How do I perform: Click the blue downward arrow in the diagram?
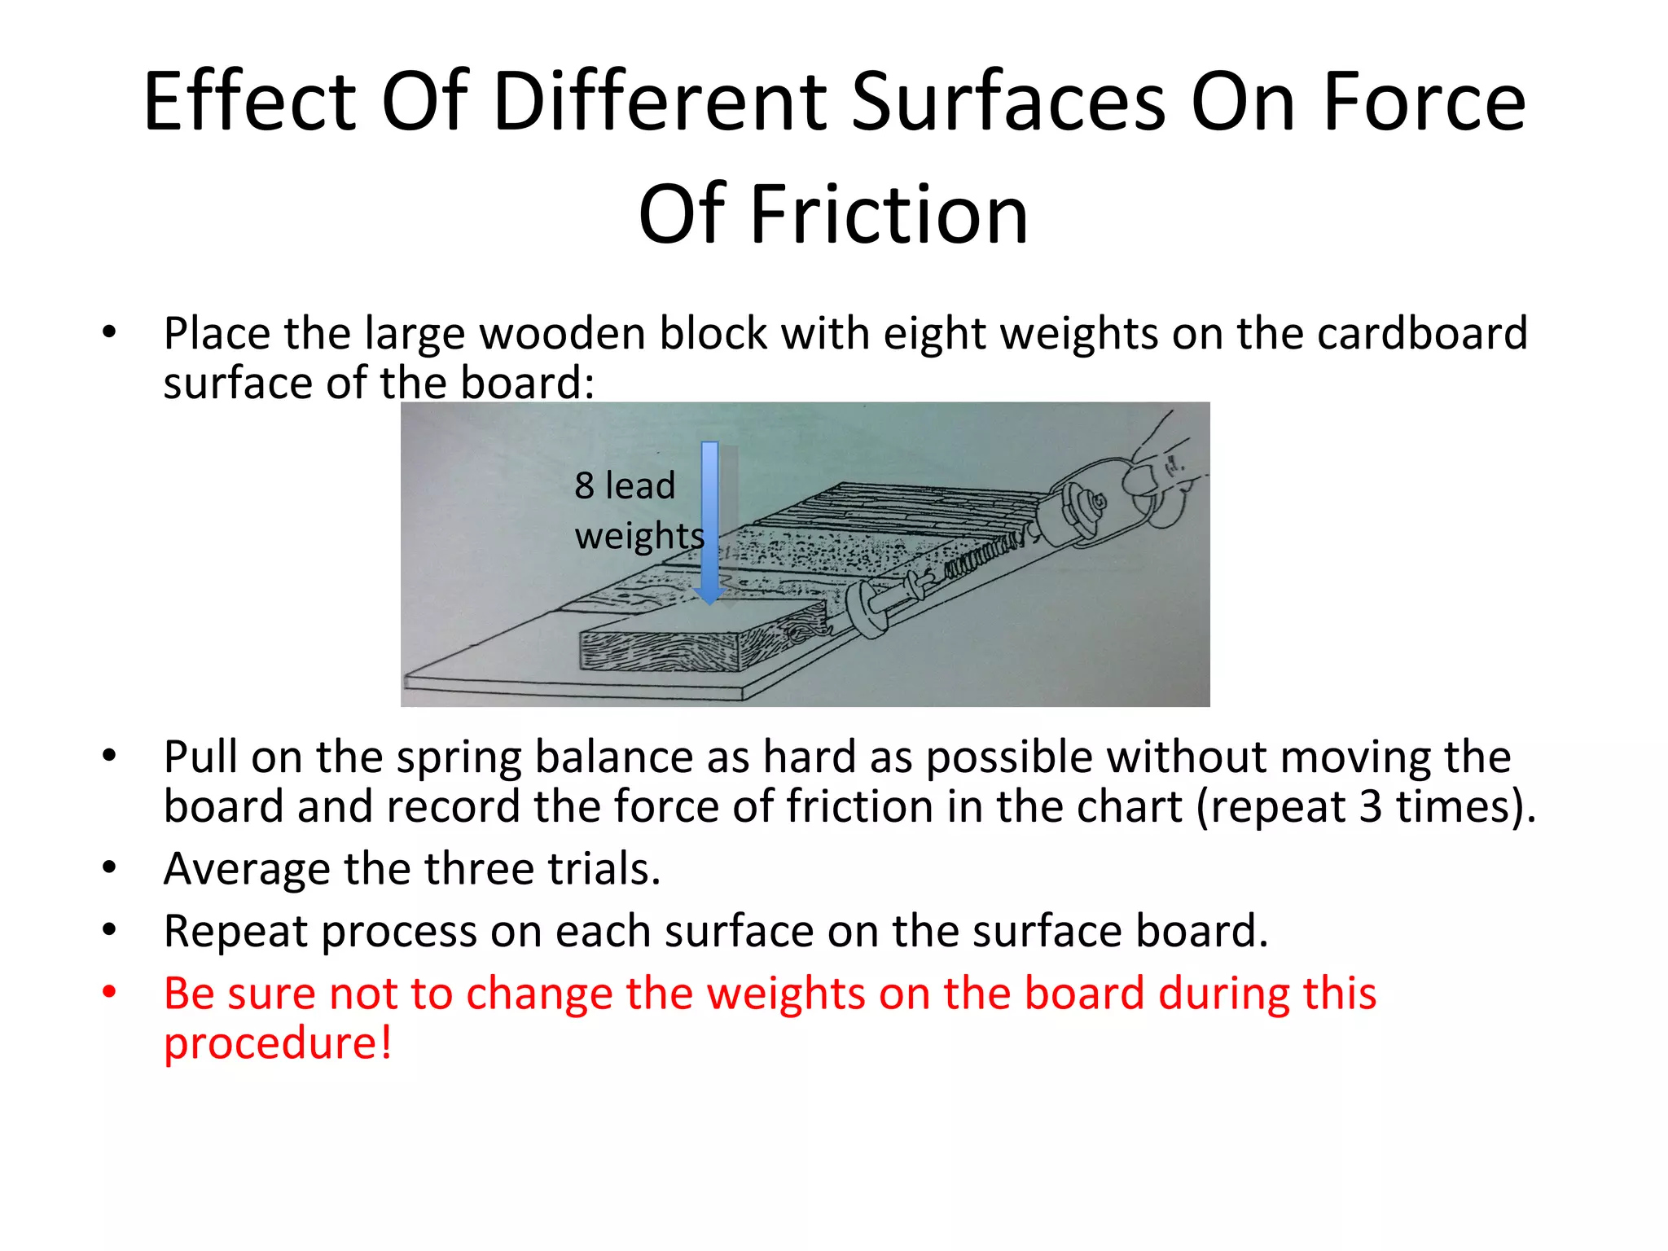tap(710, 522)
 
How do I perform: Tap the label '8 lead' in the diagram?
tap(625, 486)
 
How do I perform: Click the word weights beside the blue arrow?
tap(639, 536)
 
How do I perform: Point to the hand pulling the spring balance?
tap(1161, 472)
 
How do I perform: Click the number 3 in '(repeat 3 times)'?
tap(1371, 806)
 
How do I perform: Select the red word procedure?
tap(278, 1043)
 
